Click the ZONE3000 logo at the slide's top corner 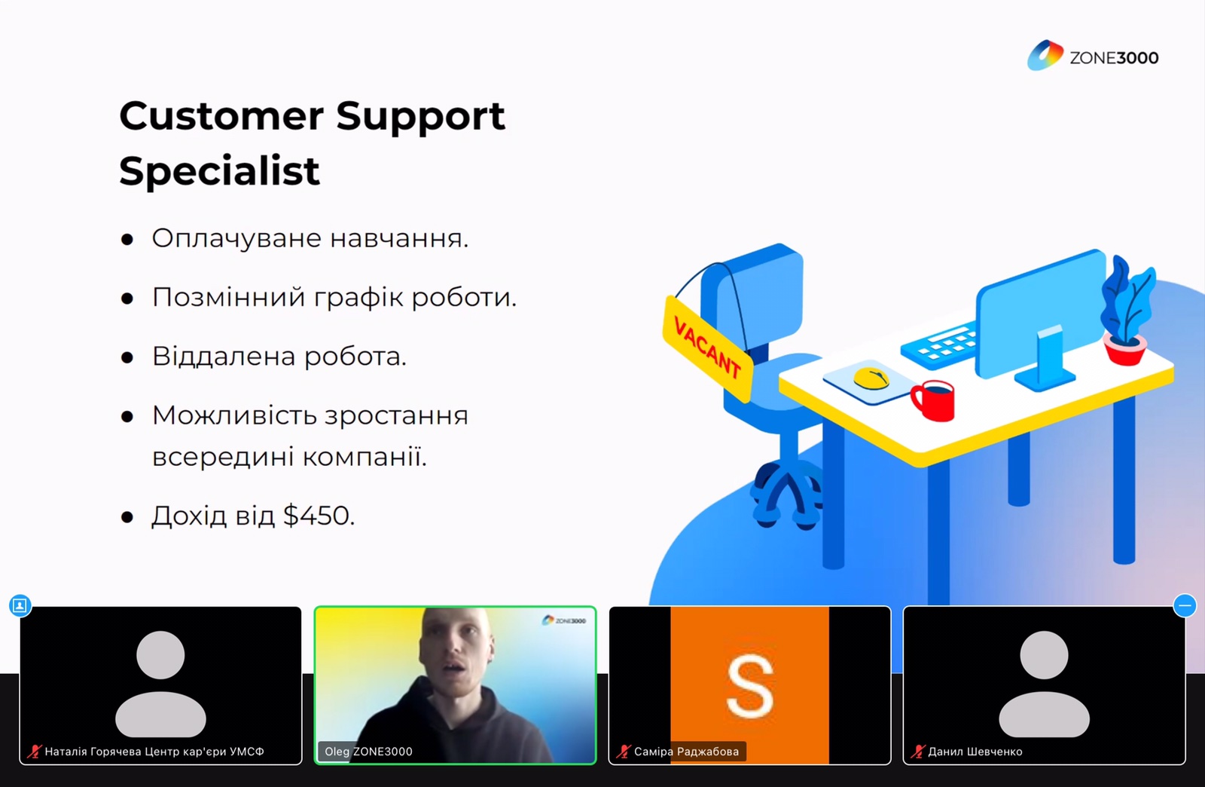click(1093, 56)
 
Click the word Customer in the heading click(221, 116)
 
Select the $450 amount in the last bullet click(319, 515)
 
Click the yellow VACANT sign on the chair click(707, 348)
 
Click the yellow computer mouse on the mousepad click(871, 378)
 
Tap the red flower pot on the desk click(1124, 349)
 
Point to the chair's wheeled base click(786, 495)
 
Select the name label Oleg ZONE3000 click(368, 752)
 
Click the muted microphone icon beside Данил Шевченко click(917, 752)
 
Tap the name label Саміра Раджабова click(686, 752)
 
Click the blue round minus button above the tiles click(1185, 605)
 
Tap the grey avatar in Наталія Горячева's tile click(160, 684)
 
